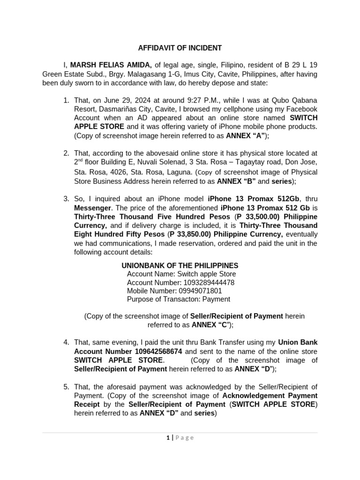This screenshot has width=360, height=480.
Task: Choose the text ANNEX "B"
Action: (x=236, y=181)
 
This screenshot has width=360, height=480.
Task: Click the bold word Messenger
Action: (x=92, y=208)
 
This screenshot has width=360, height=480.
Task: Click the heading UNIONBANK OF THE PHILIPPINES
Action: (x=180, y=265)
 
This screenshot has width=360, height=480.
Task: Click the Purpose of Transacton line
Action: (x=178, y=300)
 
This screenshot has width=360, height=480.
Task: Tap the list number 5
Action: (x=66, y=387)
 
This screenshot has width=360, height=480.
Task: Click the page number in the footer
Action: (x=167, y=438)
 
